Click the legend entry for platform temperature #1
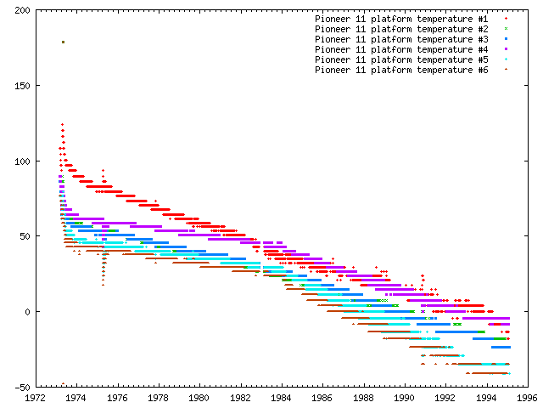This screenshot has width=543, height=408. pos(401,18)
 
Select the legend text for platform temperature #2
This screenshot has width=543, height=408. pos(401,28)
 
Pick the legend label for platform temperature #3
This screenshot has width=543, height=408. pos(401,39)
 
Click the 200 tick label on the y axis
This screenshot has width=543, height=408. pos(20,11)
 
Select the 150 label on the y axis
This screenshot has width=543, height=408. pos(20,86)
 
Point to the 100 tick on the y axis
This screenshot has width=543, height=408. pos(20,161)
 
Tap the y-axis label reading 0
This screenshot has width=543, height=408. pos(25,312)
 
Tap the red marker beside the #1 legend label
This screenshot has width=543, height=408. pos(506,18)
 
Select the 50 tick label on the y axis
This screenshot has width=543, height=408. pos(23,236)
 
